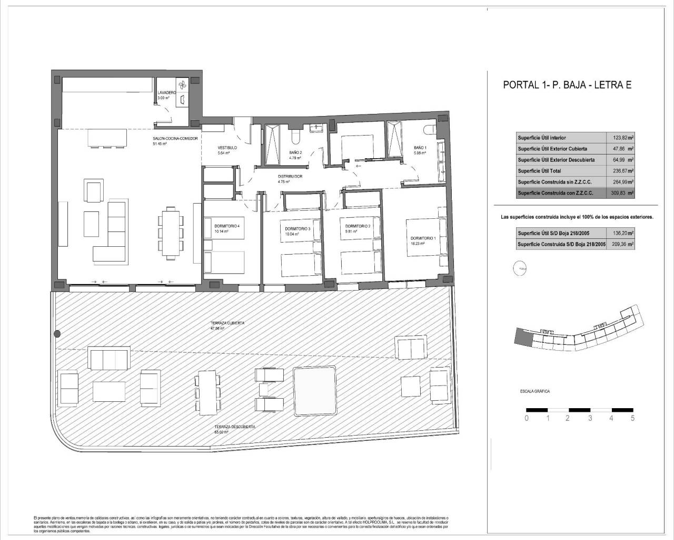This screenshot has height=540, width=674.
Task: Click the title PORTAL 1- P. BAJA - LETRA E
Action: tap(567, 85)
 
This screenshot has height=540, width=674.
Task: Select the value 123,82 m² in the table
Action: tap(622, 138)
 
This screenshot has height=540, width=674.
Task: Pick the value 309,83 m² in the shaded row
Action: tap(622, 193)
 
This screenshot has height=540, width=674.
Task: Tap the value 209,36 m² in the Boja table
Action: tap(622, 244)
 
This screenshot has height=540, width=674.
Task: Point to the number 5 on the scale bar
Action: tap(632, 419)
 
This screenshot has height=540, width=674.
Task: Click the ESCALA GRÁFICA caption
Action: tap(535, 392)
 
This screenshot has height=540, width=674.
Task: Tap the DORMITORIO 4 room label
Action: tap(227, 226)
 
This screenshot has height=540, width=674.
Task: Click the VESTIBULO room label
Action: tap(227, 148)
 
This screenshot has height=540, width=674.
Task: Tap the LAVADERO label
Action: tap(166, 93)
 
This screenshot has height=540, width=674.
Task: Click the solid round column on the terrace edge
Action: tap(57, 333)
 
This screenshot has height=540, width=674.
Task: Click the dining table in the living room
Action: tap(170, 233)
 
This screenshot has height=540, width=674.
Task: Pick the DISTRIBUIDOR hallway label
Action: tap(290, 177)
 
